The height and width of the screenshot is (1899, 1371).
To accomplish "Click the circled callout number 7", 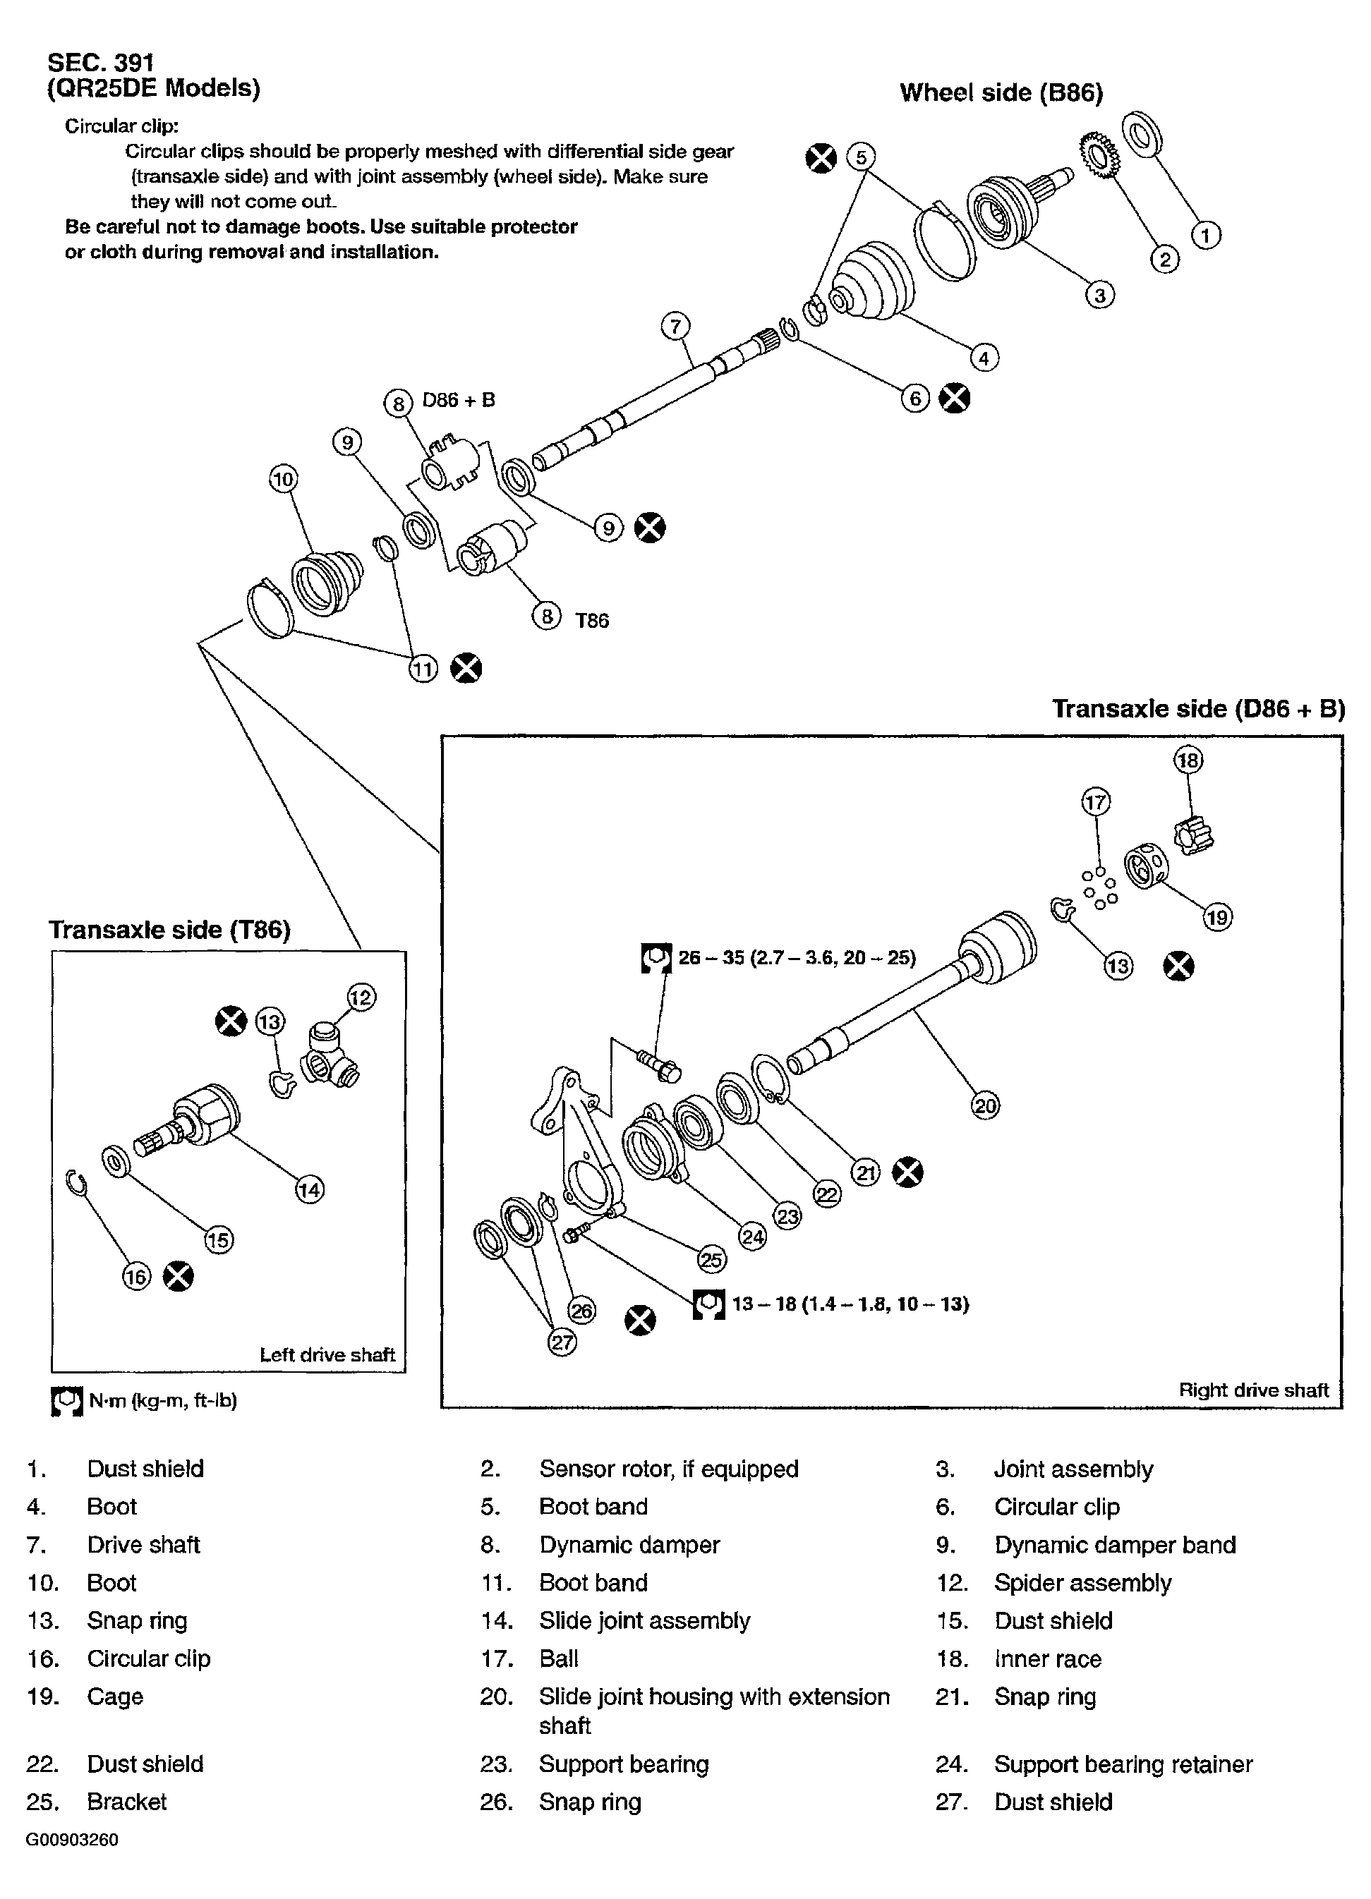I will point(675,326).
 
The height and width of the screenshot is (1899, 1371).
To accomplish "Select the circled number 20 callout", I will point(985,1105).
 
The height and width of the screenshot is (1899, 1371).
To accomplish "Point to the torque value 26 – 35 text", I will point(797,957).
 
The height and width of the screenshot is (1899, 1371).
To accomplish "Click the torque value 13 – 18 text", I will point(850,1304).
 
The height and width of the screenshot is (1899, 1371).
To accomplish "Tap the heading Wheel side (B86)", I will point(1001,92).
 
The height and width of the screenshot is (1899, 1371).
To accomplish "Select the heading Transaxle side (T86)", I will point(169,930).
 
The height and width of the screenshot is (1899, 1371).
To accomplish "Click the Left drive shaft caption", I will point(327,1354).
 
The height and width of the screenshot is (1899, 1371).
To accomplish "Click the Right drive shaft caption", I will point(1253,1390).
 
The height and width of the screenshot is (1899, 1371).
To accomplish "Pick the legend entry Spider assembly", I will point(1082,1582).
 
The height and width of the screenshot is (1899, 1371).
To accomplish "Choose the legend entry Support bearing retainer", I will point(1122,1764).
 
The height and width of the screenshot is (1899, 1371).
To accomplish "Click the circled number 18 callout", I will point(1188,760).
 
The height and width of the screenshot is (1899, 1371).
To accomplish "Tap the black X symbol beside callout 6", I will point(954,398).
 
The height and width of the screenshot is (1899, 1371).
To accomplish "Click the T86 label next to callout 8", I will point(591,621).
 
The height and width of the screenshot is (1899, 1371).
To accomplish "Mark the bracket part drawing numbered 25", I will point(578,1147).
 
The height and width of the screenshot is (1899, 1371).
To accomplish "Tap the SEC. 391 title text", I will point(100,62).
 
